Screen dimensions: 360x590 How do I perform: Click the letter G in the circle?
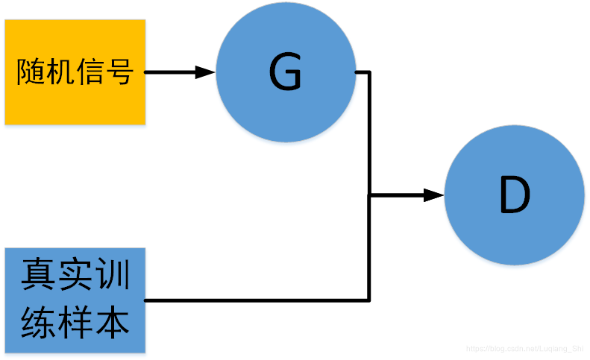tap(285, 73)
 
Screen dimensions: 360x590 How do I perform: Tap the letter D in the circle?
tap(514, 196)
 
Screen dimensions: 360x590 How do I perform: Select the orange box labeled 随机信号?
tap(75, 72)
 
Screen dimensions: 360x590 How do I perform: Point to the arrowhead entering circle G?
tap(205, 73)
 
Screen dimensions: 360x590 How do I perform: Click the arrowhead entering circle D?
tap(434, 196)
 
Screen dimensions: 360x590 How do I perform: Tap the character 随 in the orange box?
tap(31, 72)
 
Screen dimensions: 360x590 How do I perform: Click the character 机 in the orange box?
tap(60, 72)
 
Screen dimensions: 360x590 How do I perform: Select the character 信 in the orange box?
tap(90, 72)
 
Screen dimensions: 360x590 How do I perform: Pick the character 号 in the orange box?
tap(119, 72)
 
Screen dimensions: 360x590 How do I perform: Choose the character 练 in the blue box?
tap(37, 323)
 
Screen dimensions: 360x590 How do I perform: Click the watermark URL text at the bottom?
tap(525, 348)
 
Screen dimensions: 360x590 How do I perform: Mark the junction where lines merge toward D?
tap(370, 196)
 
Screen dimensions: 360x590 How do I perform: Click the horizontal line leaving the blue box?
tap(254, 300)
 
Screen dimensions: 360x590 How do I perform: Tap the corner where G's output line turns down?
tap(369, 73)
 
